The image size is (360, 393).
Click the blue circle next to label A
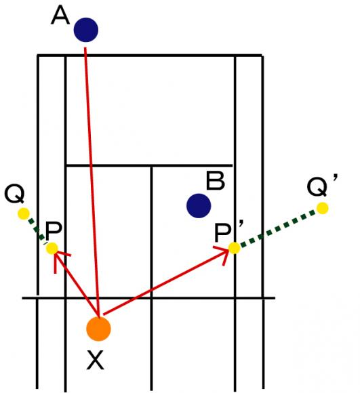coord(85,30)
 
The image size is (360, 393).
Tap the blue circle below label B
coord(199,206)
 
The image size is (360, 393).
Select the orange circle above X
coord(98,329)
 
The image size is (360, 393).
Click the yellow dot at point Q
coord(24,214)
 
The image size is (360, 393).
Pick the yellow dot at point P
coord(52,249)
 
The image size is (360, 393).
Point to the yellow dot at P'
coord(235,248)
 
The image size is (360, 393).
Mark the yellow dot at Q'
coord(323,208)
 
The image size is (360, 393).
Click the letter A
coord(60,16)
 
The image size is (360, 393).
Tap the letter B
coord(215,181)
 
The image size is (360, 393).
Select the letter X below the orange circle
coord(95,360)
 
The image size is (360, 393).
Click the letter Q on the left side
coord(14,194)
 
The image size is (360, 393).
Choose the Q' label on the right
coord(322,186)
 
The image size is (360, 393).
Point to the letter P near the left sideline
coord(54,231)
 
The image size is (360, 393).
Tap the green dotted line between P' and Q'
coord(278,228)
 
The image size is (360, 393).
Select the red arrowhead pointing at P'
coord(223,254)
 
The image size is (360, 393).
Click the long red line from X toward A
coord(92,182)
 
